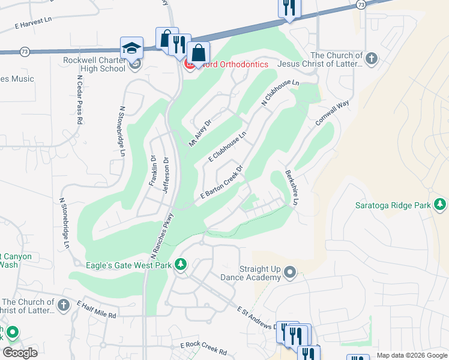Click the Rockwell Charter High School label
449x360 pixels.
click(94, 64)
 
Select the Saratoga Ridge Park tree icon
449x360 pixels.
click(440, 205)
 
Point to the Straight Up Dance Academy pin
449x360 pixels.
click(290, 273)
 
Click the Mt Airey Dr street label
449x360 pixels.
click(200, 133)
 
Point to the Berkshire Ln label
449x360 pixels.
click(292, 188)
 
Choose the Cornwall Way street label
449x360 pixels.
click(332, 113)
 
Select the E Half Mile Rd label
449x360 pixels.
click(96, 310)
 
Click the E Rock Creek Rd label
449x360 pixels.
click(204, 347)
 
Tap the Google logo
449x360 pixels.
click(20, 353)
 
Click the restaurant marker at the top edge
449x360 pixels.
click(289, 8)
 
